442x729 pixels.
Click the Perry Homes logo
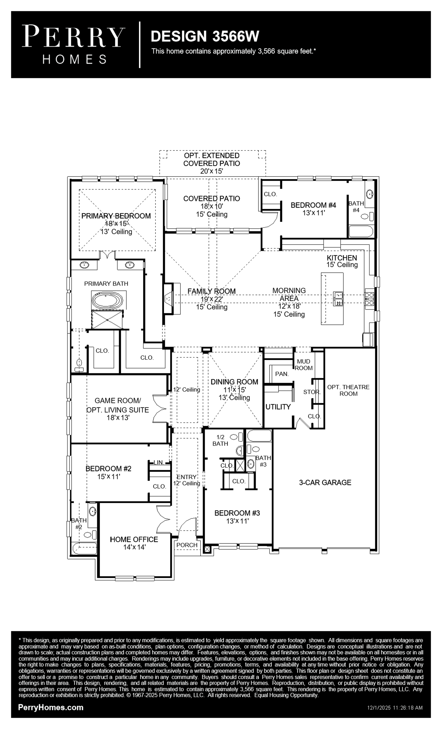pos(73,44)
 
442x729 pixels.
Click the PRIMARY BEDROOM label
pos(116,216)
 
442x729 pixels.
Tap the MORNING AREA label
pos(289,294)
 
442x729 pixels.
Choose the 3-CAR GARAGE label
pos(325,483)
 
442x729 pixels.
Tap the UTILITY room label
pos(278,407)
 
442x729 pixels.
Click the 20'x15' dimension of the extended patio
pos(211,171)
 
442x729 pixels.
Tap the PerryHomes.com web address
pos(51,707)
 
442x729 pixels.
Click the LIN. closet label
pos(159,462)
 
